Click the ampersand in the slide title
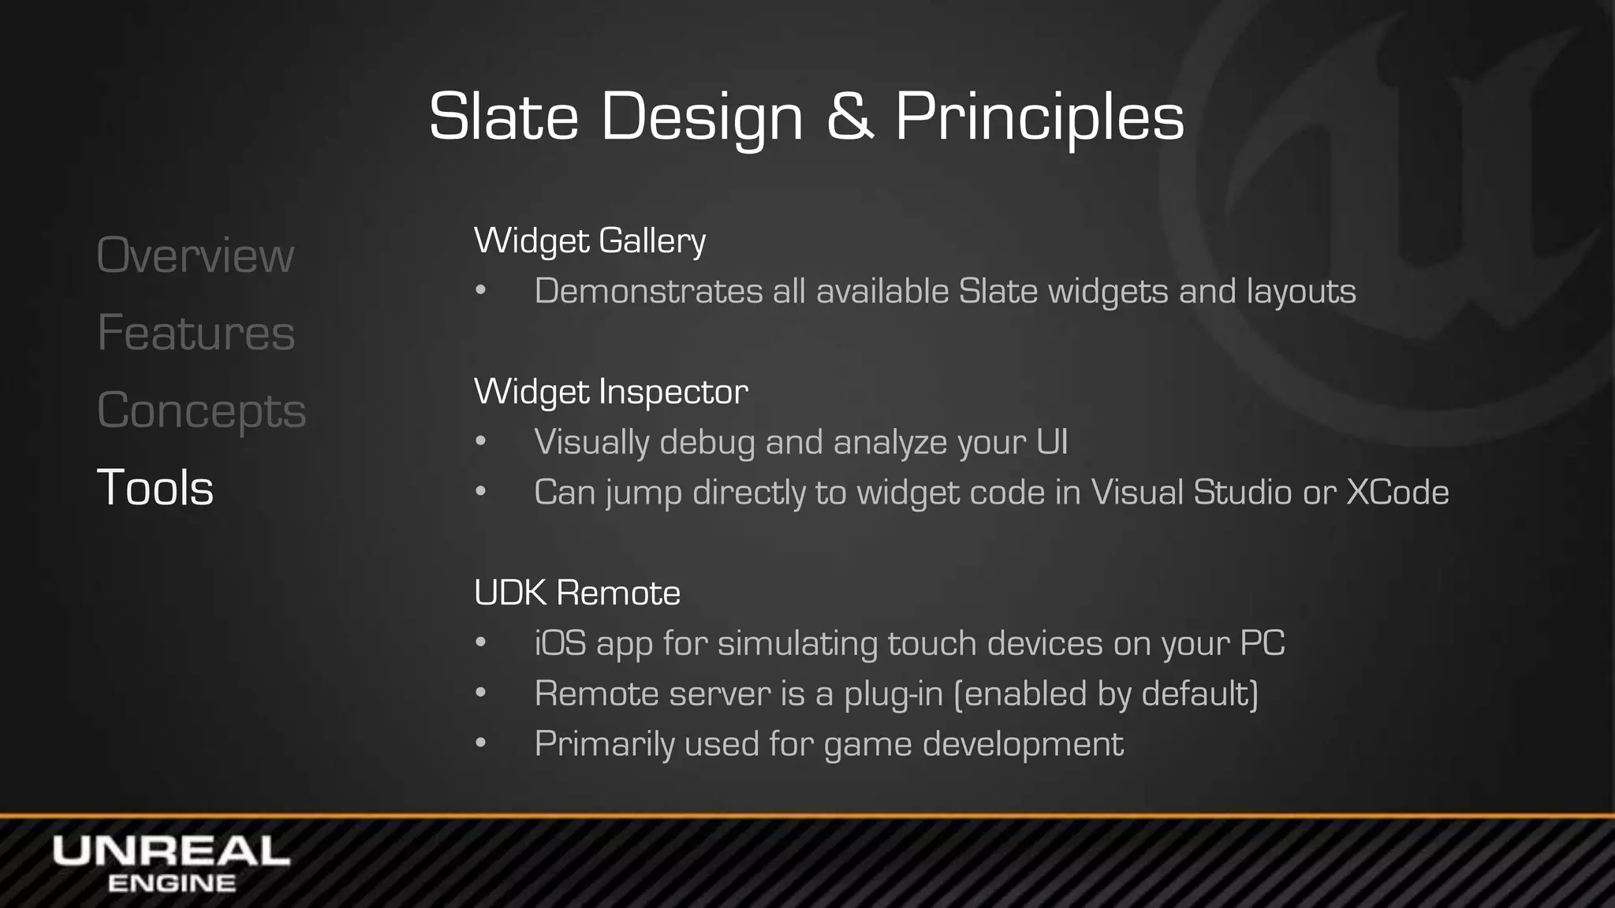point(849,117)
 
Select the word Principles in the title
point(1039,117)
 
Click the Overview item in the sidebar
point(195,255)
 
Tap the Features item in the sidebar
point(196,333)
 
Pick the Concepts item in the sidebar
point(201,410)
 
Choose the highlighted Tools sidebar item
point(155,487)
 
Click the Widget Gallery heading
point(590,240)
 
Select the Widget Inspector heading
point(610,392)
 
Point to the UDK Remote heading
point(576,593)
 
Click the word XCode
point(1397,493)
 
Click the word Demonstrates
point(647,291)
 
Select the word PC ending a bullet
point(1262,643)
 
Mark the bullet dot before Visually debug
point(480,442)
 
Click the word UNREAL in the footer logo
point(171,852)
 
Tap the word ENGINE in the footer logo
point(171,884)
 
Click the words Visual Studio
point(1191,493)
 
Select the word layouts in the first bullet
point(1301,292)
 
